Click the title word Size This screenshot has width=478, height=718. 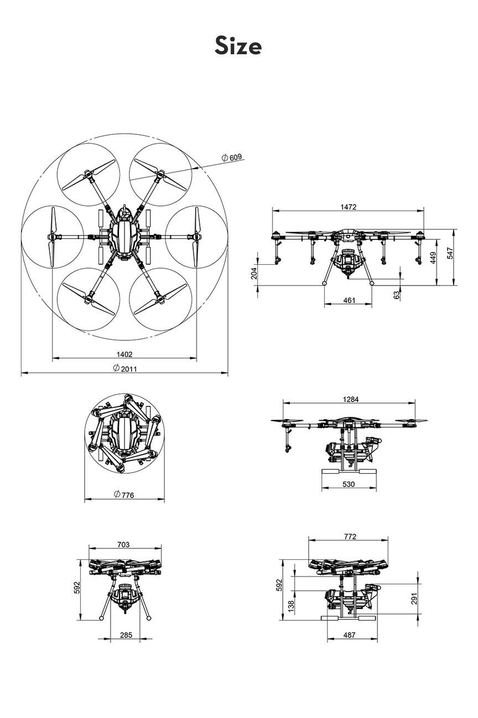click(x=238, y=46)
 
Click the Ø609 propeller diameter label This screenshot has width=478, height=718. click(x=232, y=158)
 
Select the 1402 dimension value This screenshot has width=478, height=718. click(x=124, y=354)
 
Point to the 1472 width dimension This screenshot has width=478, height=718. click(x=349, y=207)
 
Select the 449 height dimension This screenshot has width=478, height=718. click(x=434, y=258)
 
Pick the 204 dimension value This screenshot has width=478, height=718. click(x=254, y=273)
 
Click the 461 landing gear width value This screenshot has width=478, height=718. click(x=349, y=300)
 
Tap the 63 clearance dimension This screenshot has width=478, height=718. click(x=397, y=295)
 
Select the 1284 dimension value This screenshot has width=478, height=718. click(x=350, y=399)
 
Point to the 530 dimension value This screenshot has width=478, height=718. click(x=349, y=484)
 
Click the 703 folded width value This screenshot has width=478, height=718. click(x=123, y=544)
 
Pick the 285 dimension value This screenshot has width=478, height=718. click(x=126, y=635)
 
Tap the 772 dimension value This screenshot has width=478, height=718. click(x=350, y=536)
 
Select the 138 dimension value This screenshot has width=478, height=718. click(x=292, y=606)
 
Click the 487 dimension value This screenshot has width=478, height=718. click(x=349, y=635)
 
